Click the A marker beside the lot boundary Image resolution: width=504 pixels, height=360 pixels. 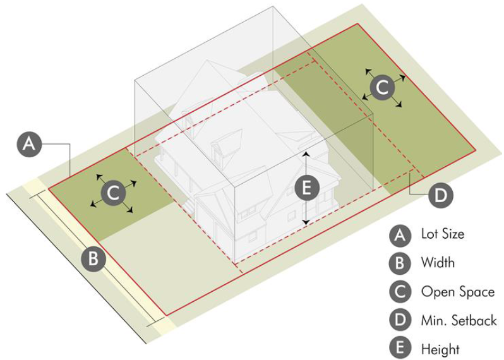29,143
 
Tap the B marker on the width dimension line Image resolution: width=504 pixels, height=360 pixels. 93,258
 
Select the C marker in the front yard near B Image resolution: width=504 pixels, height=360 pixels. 113,193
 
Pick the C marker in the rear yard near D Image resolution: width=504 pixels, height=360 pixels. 382,87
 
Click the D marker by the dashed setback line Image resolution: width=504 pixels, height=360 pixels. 441,195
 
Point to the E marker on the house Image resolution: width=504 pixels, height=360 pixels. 307,188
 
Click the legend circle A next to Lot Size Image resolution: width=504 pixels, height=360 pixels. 400,235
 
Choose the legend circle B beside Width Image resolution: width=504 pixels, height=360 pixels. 400,263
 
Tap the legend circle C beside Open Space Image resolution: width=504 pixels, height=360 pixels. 400,292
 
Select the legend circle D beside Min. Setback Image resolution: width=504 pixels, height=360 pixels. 400,320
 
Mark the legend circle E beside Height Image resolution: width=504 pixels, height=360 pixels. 400,349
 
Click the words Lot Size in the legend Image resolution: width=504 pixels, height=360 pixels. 443,234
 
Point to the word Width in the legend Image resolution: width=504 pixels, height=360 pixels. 438,262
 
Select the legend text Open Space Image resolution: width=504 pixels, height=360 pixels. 458,292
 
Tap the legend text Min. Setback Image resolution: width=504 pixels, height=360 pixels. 459,320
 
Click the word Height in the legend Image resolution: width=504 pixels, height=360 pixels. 440,349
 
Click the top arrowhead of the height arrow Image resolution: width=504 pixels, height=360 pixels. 306,153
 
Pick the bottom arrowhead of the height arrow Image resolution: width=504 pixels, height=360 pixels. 306,222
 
